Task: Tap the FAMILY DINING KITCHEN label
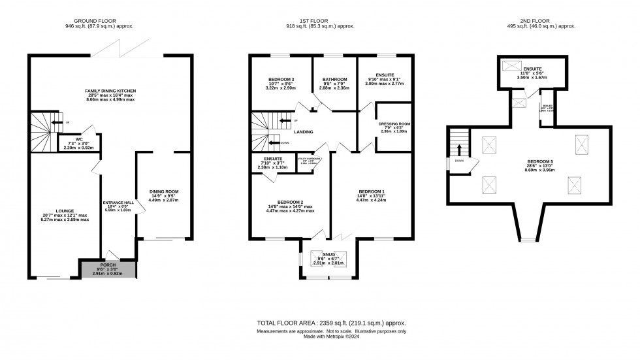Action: (110, 91)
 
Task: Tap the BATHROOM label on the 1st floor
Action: (334, 80)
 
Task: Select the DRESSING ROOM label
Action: (394, 123)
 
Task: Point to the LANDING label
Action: (303, 132)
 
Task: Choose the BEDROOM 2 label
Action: (290, 202)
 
